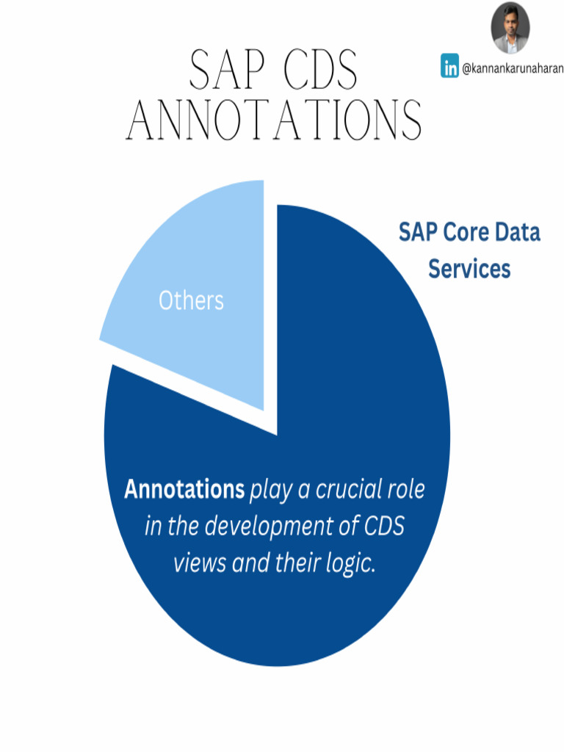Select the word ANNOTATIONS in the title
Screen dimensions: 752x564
coord(275,120)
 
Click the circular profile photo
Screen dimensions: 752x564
coord(510,28)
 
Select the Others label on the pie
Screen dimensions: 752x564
coord(191,301)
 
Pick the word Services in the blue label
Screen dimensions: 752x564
coord(469,269)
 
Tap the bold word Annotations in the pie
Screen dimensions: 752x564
coord(184,489)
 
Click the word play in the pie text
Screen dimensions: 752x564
coord(270,490)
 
